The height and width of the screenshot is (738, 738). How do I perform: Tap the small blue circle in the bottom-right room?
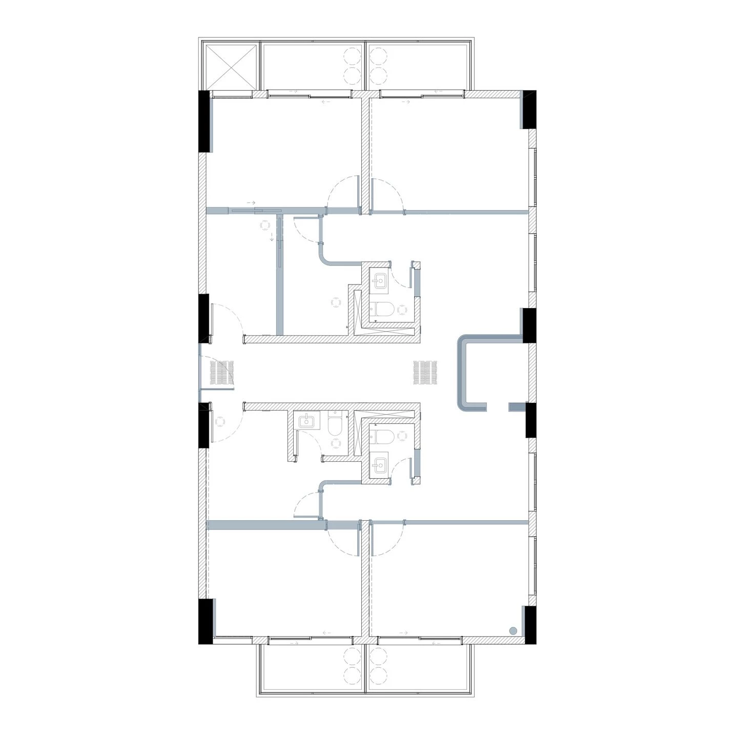coord(513,631)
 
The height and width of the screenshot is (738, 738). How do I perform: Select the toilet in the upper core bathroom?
coord(381,309)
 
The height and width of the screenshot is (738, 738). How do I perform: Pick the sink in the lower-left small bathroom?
coord(306,421)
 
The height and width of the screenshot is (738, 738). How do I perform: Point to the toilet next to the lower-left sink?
coord(335,425)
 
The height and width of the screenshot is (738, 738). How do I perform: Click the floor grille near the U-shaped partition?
coord(425,373)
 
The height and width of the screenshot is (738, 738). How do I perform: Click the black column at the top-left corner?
coord(204,121)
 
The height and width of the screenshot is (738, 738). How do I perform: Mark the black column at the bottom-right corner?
coord(529,625)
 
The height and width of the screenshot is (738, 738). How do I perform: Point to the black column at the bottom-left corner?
coord(205,621)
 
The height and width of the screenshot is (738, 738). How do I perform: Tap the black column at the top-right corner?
coord(529,109)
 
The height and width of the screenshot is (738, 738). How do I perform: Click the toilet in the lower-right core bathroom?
coord(381,436)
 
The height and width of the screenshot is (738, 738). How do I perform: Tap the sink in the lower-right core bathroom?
coord(379,465)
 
